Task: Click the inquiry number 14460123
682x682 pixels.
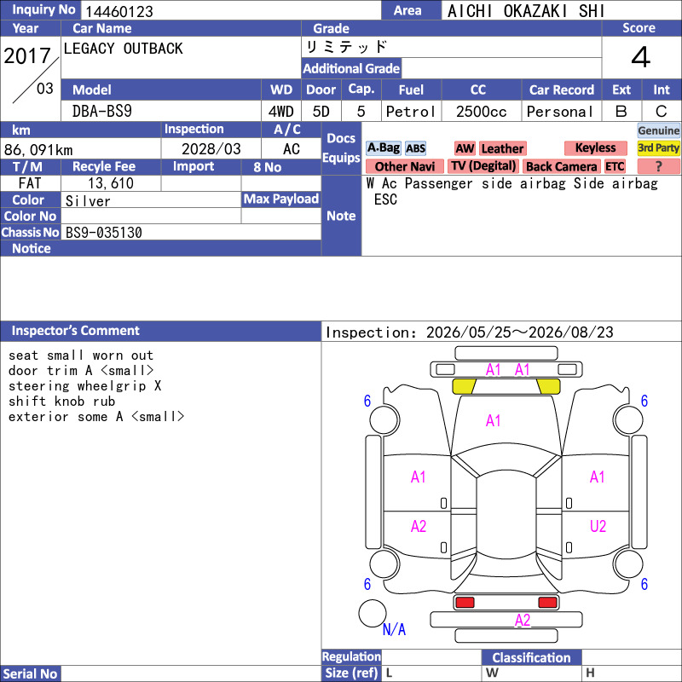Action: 118,11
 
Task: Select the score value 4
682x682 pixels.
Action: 640,57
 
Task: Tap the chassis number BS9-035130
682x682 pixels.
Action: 103,233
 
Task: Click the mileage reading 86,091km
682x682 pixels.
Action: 38,150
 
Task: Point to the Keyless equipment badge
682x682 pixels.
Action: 595,147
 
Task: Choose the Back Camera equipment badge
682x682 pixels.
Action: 561,166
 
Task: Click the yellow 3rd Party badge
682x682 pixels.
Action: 658,147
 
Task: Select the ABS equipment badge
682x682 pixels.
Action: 415,148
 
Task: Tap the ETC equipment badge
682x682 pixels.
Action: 615,166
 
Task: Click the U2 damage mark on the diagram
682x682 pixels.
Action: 598,526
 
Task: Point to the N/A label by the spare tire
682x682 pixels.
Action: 394,629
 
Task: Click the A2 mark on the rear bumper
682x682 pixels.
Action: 523,620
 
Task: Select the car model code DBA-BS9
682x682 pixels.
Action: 101,112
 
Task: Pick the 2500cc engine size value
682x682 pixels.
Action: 481,112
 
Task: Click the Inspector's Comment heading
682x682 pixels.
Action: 75,331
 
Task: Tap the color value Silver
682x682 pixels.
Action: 88,201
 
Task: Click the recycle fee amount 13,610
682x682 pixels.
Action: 111,183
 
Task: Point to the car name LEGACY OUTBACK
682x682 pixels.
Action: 123,49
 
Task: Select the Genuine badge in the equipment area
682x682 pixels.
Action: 658,130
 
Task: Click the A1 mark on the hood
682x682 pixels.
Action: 493,420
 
